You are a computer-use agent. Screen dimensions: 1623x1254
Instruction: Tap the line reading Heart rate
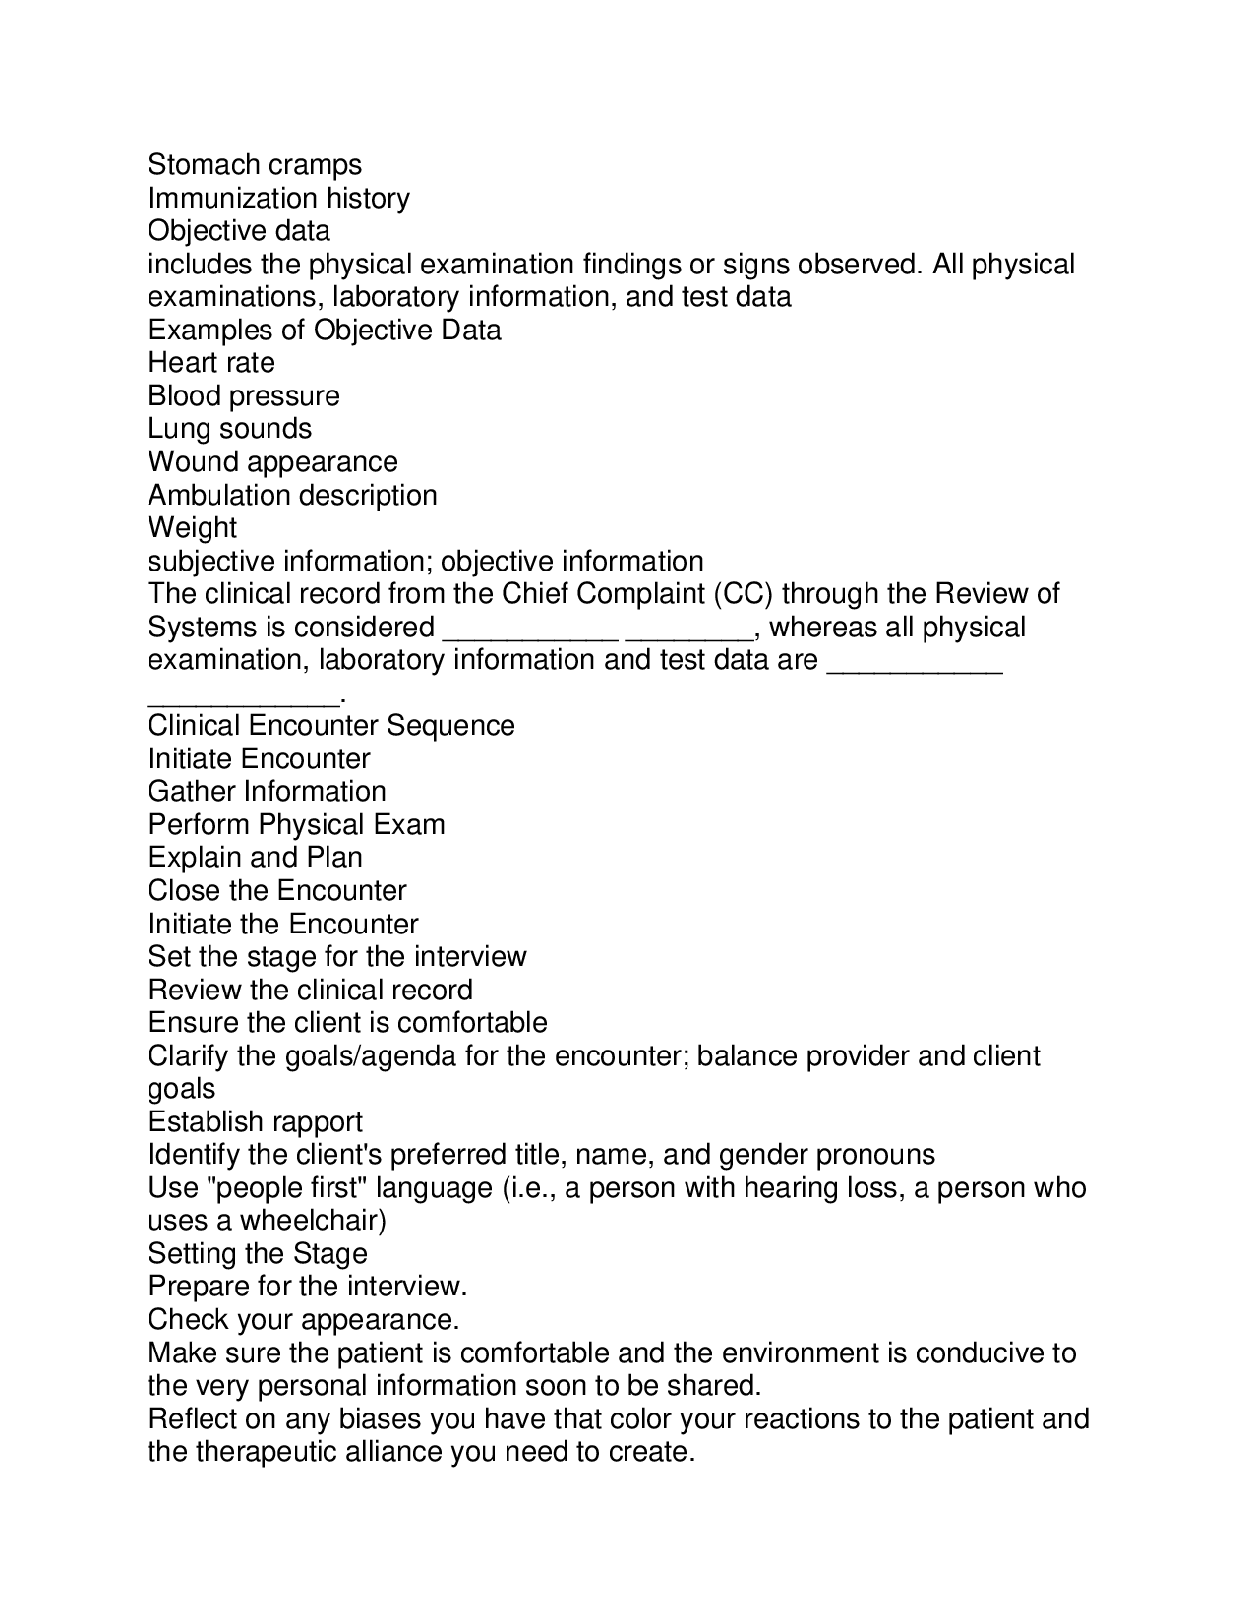pos(211,362)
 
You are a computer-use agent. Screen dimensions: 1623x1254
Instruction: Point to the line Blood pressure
pos(244,395)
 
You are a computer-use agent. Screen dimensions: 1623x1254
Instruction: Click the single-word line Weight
pos(193,528)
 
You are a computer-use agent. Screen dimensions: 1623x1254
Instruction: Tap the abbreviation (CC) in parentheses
pos(746,594)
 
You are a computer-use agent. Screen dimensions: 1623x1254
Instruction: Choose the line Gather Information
pos(267,791)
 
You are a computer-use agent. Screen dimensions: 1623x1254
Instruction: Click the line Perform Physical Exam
pos(296,824)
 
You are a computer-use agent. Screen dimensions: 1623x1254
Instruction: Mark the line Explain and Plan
pos(255,857)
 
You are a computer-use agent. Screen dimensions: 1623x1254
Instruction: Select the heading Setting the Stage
pos(258,1253)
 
